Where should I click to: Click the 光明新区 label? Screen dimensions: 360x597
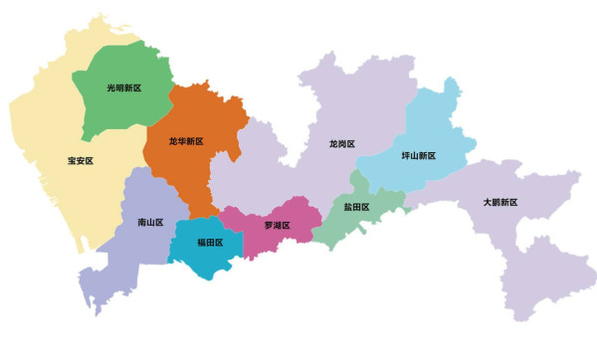124,88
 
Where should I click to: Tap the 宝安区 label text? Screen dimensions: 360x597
80,160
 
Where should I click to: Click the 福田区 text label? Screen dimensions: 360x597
210,242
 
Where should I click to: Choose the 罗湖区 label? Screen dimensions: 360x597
277,225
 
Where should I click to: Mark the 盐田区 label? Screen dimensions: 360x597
356,207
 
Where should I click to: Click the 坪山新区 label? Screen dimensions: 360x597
419,155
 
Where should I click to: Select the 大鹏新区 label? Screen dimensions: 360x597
500,202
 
